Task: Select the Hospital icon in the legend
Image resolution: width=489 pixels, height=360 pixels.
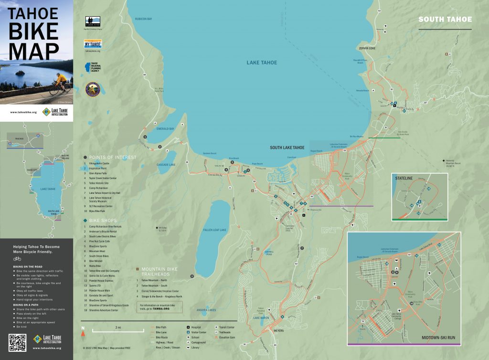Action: (x=188, y=328)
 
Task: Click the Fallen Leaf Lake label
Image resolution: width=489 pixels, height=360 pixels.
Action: (x=215, y=230)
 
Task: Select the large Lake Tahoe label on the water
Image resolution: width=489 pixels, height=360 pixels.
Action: (x=262, y=63)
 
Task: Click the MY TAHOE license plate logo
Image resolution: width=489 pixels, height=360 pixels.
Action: (x=93, y=44)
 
